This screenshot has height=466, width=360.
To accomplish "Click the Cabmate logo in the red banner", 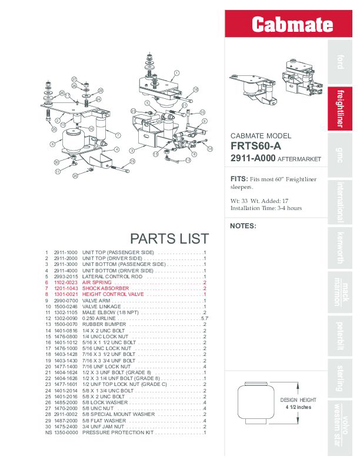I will click(292, 25).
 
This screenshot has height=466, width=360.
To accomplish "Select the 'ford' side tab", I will click(340, 61).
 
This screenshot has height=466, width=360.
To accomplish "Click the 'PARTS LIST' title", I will click(169, 238).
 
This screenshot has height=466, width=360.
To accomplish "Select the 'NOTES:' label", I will click(243, 226).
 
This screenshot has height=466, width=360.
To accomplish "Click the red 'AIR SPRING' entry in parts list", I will click(97, 282).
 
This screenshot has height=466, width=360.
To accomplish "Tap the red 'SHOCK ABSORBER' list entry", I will click(105, 288).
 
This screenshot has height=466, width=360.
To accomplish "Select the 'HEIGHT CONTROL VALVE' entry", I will click(113, 294).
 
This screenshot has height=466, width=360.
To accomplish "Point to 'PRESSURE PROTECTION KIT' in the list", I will click(117, 432).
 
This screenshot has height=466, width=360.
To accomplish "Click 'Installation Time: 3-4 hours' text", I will click(266, 208).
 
